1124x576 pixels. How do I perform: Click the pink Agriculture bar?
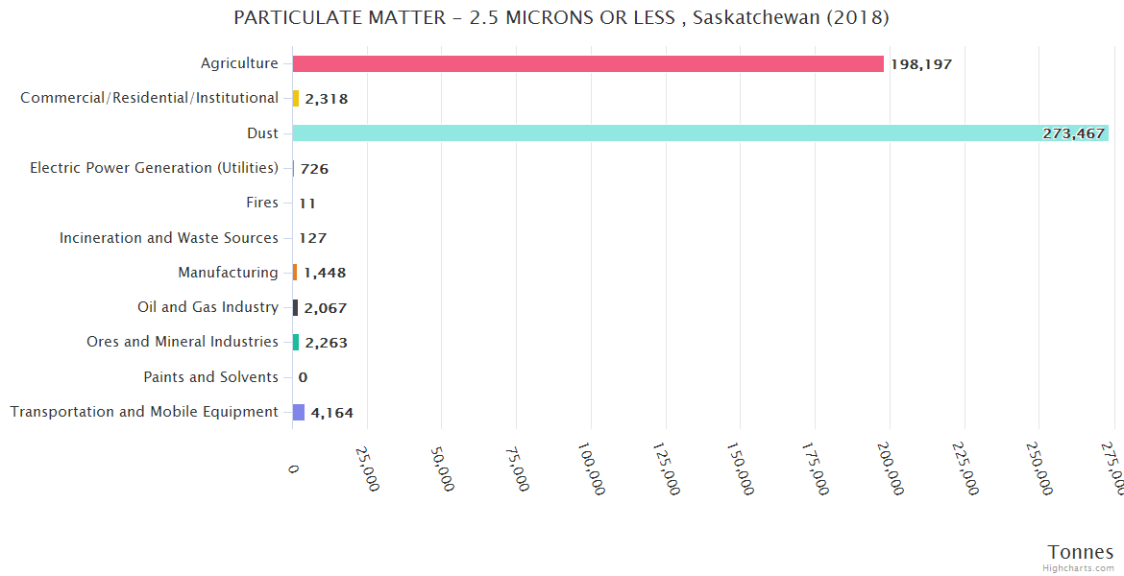tap(588, 63)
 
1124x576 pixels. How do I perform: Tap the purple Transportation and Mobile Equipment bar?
tap(299, 412)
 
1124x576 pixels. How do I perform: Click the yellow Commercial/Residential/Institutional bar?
tap(296, 98)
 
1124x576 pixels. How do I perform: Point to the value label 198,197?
tap(921, 64)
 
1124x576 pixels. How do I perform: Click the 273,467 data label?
tap(1073, 133)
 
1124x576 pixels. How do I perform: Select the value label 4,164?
tap(332, 413)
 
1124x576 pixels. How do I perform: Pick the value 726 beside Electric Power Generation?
tap(314, 169)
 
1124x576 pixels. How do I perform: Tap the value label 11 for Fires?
tap(307, 204)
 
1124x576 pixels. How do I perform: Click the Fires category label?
tap(262, 203)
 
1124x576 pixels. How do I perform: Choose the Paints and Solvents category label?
tap(210, 377)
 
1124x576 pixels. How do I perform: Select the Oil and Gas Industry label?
tap(208, 307)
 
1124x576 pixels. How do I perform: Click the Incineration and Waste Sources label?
tap(168, 238)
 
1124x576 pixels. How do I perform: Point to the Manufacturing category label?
tap(228, 273)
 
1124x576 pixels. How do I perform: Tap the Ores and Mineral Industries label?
tap(182, 342)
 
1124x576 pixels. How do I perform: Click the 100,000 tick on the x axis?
tap(590, 468)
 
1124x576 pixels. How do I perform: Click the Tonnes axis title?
tap(1080, 552)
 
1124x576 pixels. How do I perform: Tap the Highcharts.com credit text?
tap(1078, 568)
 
